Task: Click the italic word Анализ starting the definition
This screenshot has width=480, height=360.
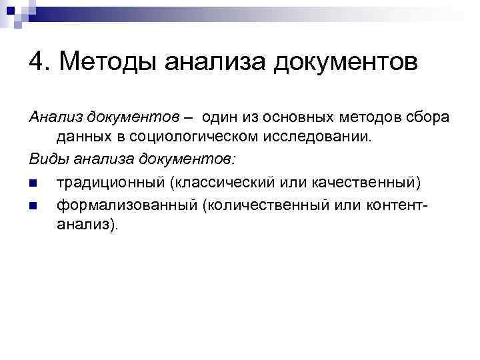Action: pos(54,117)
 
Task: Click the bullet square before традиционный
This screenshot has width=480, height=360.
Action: pos(33,181)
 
